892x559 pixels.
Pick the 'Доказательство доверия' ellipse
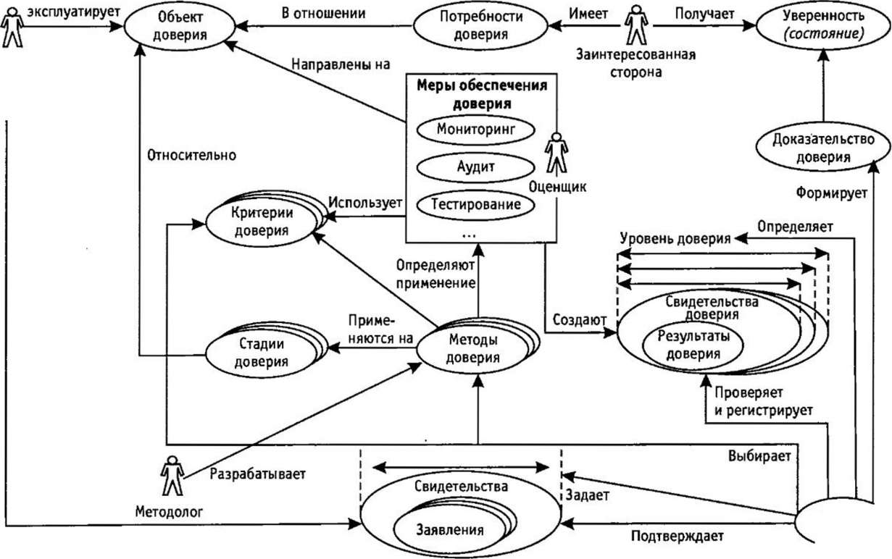click(x=823, y=148)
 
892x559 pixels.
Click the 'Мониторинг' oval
click(x=475, y=130)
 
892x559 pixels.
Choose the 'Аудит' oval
click(x=475, y=166)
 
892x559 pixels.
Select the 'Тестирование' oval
click(x=475, y=203)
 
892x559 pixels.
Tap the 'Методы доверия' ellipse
click(x=472, y=348)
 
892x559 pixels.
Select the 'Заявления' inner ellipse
click(x=449, y=528)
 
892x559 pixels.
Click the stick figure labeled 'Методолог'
click(x=172, y=476)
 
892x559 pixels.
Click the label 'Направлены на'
click(x=341, y=64)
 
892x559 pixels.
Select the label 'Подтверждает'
click(x=677, y=537)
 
